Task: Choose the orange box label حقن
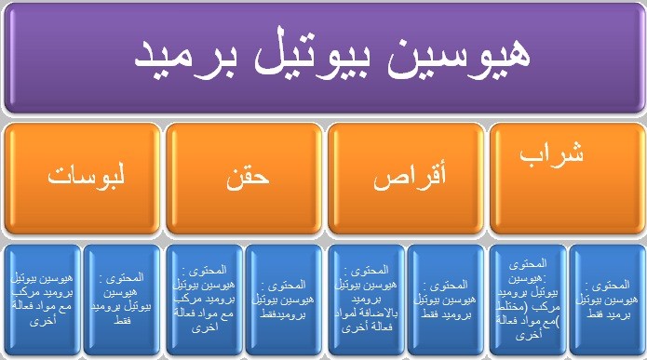245,179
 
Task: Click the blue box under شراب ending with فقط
606,300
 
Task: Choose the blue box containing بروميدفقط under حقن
283,300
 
